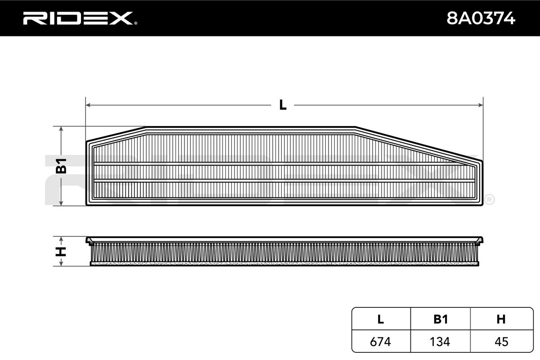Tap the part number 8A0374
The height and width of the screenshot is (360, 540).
tap(480, 18)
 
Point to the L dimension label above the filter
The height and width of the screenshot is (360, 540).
tap(283, 105)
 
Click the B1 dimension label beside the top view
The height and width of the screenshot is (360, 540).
tap(61, 166)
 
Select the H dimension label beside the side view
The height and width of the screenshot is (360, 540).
tap(61, 251)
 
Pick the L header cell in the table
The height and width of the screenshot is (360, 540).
tap(381, 319)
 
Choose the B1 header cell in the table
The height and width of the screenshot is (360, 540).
tap(441, 319)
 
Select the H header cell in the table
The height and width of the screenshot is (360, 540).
tap(501, 319)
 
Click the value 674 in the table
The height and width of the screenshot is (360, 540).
tap(381, 342)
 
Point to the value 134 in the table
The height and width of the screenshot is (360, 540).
tap(441, 342)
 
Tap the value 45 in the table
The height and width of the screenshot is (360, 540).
tap(501, 342)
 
